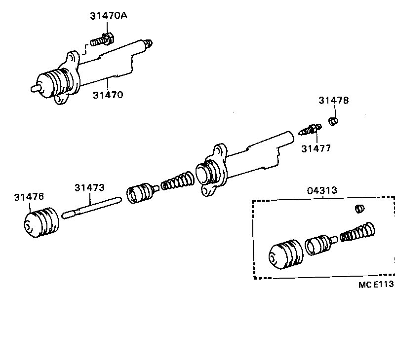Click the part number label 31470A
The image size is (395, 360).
pyautogui.click(x=108, y=16)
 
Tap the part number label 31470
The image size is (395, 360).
pyautogui.click(x=108, y=94)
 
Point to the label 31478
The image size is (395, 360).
pyautogui.click(x=333, y=101)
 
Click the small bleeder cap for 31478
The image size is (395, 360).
pyautogui.click(x=334, y=121)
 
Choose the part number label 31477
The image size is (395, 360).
pyautogui.click(x=316, y=147)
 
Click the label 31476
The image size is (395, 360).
pyautogui.click(x=29, y=197)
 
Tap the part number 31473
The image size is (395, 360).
pyautogui.click(x=89, y=187)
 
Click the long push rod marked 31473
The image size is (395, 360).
pyautogui.click(x=91, y=207)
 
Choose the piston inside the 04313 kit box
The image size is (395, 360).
pyautogui.click(x=320, y=244)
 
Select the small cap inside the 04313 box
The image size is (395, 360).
pyautogui.click(x=359, y=210)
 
